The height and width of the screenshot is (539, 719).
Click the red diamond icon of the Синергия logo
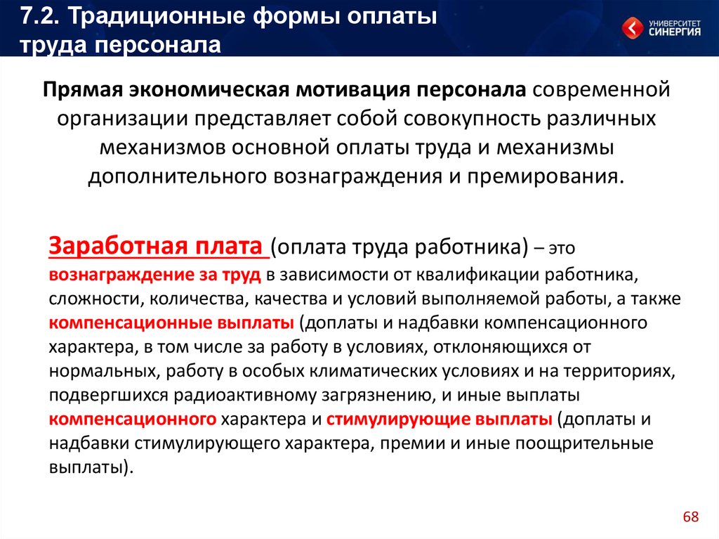click(633, 28)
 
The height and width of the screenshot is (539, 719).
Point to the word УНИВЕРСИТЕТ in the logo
click(675, 23)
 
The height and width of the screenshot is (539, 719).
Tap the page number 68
click(691, 517)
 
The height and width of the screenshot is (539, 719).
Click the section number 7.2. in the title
click(40, 16)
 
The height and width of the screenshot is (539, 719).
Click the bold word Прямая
click(83, 90)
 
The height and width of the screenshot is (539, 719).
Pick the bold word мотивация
click(352, 89)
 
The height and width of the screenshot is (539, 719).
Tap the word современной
click(601, 89)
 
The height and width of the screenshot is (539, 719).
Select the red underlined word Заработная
click(118, 246)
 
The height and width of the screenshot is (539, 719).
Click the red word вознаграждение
click(121, 275)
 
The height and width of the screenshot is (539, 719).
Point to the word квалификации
click(477, 275)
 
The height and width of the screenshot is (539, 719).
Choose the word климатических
click(374, 370)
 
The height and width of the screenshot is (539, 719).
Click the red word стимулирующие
click(398, 419)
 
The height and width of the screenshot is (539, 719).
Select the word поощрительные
click(584, 443)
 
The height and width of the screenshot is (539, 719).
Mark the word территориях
click(619, 371)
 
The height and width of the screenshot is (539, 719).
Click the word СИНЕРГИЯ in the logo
click(675, 32)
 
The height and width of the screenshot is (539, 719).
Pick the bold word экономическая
click(209, 90)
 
